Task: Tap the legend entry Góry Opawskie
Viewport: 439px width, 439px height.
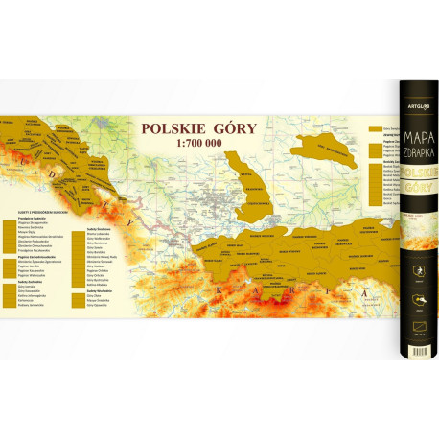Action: [97, 304]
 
